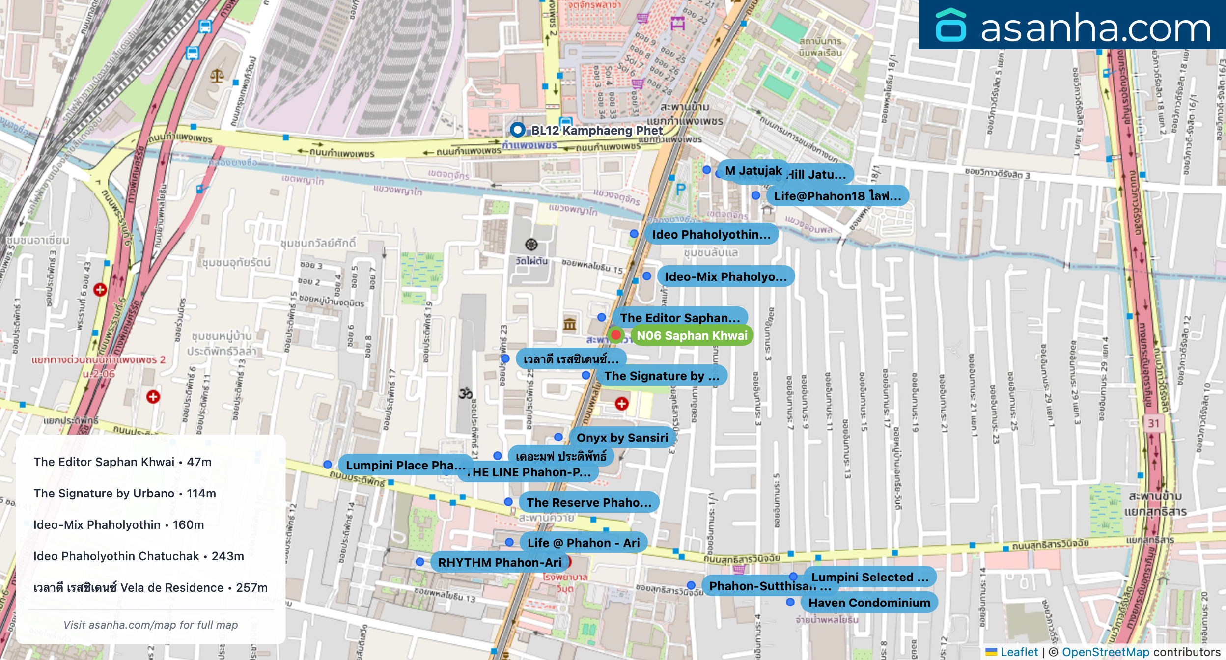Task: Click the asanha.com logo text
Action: [x=1095, y=28]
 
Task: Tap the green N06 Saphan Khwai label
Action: [x=692, y=336]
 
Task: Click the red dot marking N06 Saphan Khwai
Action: [x=615, y=335]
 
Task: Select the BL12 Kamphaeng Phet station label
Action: [x=596, y=130]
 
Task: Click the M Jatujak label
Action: [x=753, y=171]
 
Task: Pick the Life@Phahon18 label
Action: [x=837, y=196]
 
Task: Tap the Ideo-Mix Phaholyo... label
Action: [x=725, y=276]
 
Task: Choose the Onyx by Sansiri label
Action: [x=622, y=438]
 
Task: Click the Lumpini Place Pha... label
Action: [x=405, y=465]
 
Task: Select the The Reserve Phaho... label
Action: [x=589, y=502]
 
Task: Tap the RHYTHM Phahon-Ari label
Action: [x=499, y=562]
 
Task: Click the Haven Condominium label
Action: [x=869, y=603]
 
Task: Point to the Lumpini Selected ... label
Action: [x=869, y=577]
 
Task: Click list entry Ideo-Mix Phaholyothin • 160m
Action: [x=118, y=525]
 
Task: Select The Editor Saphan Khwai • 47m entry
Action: [x=122, y=462]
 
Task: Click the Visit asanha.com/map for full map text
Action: [x=150, y=625]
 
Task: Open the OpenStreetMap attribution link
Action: [x=1105, y=652]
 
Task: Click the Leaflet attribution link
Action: [x=1019, y=652]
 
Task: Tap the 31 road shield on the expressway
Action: [x=1153, y=423]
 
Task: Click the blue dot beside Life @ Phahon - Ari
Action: [x=509, y=542]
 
